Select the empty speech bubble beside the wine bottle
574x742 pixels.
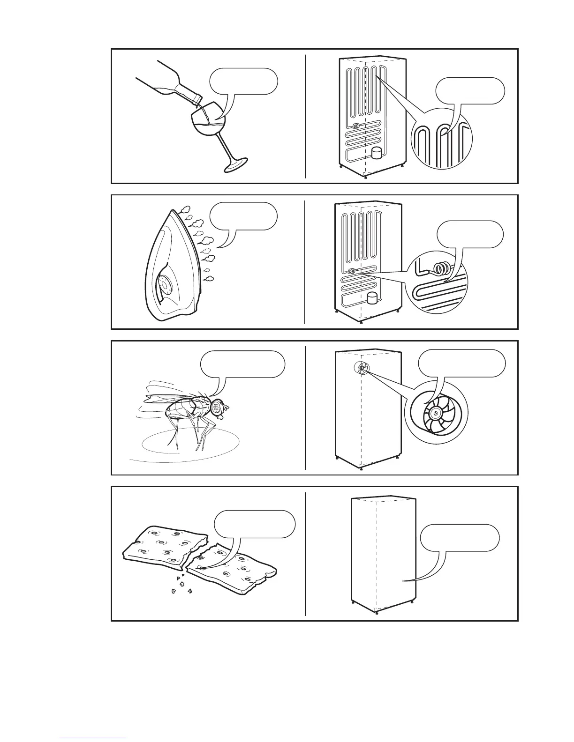click(x=243, y=81)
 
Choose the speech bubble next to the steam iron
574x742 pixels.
click(x=243, y=216)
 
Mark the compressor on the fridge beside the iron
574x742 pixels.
click(x=372, y=297)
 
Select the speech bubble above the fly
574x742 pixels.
click(x=242, y=364)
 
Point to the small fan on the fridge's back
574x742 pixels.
click(x=362, y=369)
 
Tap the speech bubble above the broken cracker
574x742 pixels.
click(x=255, y=523)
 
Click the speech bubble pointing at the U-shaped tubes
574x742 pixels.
click(x=470, y=90)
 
